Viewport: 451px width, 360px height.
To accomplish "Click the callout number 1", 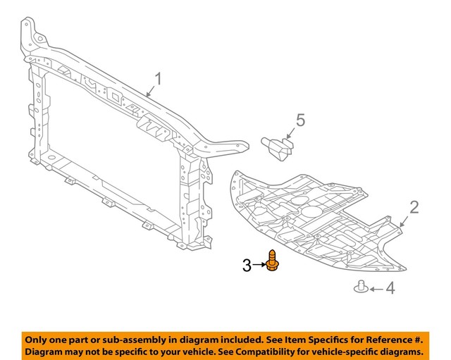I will [x=158, y=79].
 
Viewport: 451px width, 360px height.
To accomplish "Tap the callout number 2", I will [x=414, y=206].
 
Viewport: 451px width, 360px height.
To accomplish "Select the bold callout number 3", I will [x=247, y=266].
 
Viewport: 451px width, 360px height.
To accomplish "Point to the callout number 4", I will [x=390, y=289].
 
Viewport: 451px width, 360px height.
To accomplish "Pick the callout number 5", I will [x=300, y=120].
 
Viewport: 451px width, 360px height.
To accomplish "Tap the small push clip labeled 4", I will [x=360, y=287].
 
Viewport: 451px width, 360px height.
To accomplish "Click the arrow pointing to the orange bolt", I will [x=259, y=266].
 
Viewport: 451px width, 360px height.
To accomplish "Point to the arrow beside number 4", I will [x=375, y=289].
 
